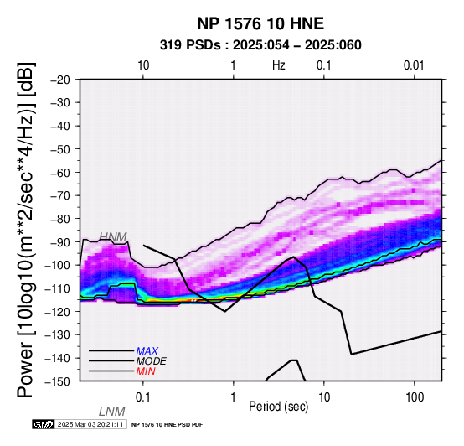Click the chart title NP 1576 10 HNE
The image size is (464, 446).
(260, 23)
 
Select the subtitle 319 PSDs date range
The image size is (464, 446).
(260, 45)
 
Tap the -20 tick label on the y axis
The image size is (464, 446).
(60, 80)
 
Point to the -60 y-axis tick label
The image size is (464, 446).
(60, 173)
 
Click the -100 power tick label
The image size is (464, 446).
(58, 265)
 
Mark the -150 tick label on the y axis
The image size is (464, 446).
(58, 381)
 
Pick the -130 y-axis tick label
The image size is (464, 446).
(58, 334)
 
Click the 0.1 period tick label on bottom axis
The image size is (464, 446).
(142, 397)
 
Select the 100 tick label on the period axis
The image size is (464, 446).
(415, 397)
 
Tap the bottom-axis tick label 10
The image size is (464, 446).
(324, 397)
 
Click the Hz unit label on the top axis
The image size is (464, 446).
(279, 65)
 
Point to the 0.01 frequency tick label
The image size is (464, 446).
(414, 65)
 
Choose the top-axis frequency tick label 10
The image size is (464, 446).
(143, 65)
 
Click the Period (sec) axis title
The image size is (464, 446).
(278, 407)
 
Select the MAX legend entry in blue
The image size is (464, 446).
(147, 351)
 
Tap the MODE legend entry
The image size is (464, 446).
(152, 361)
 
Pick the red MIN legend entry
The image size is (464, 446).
(146, 371)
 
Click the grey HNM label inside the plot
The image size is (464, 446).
(113, 237)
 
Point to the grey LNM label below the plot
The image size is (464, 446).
(112, 412)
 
